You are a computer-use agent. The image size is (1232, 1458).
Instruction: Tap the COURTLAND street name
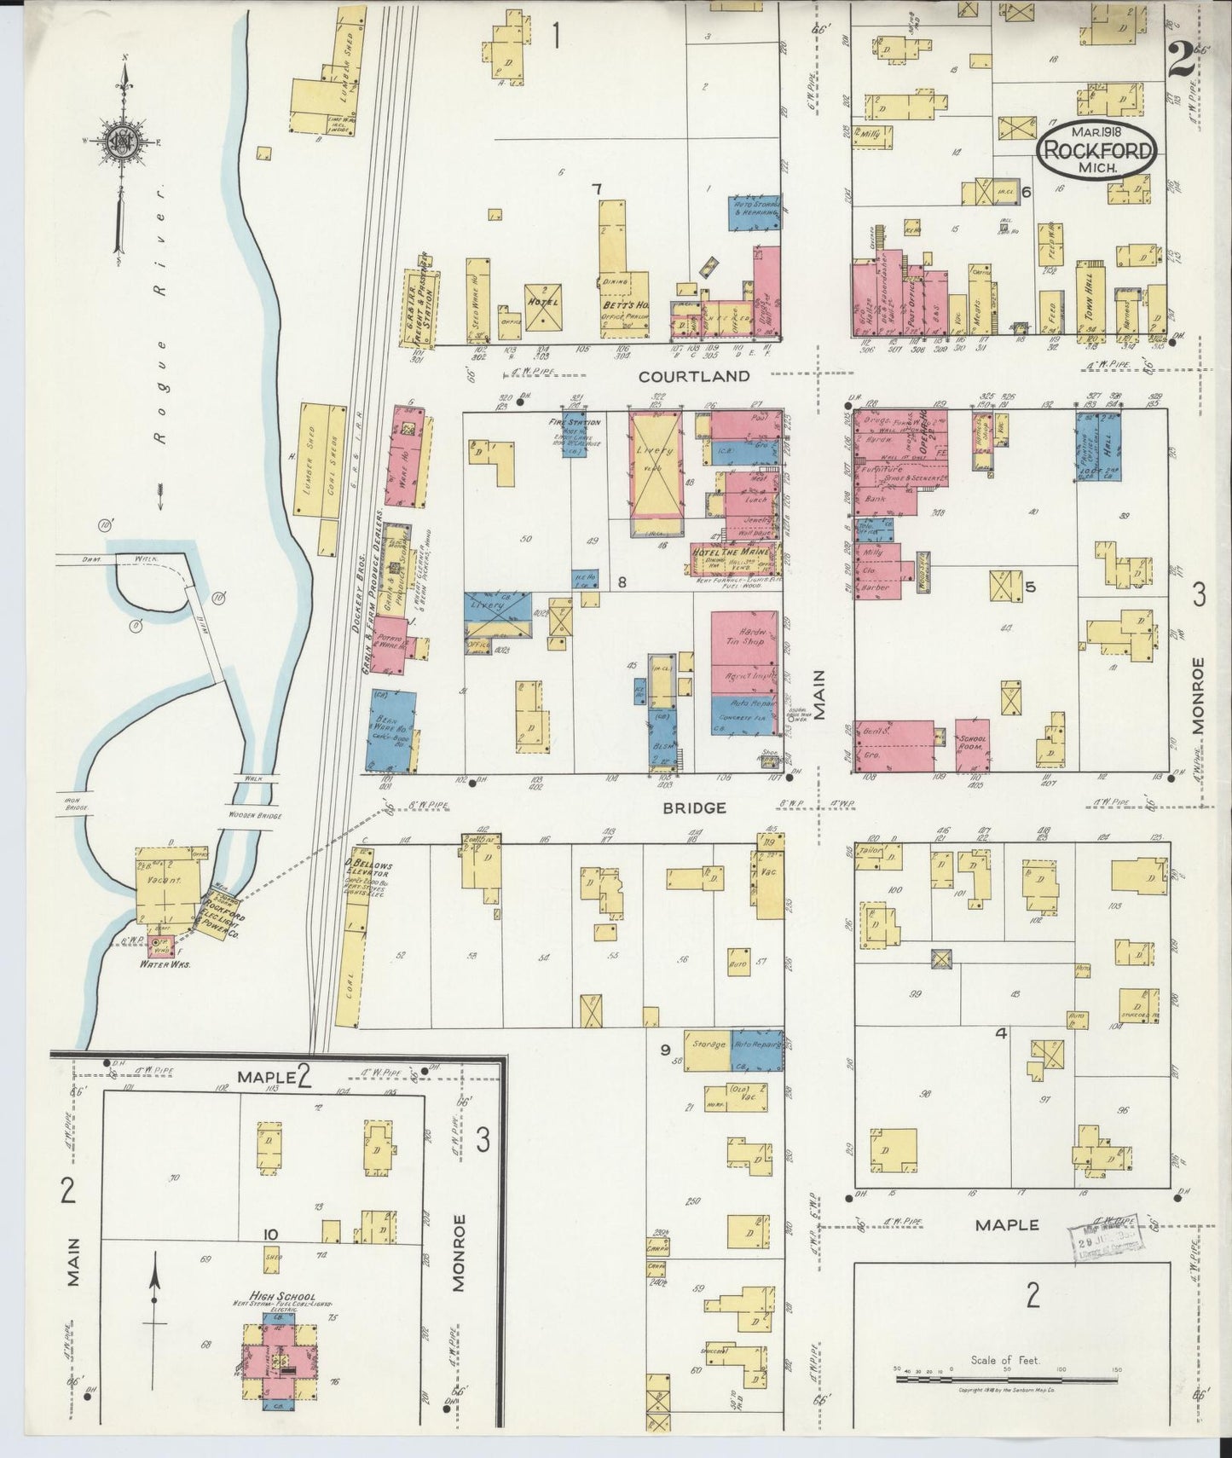point(695,376)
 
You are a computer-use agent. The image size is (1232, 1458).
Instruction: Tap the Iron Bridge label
point(78,803)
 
